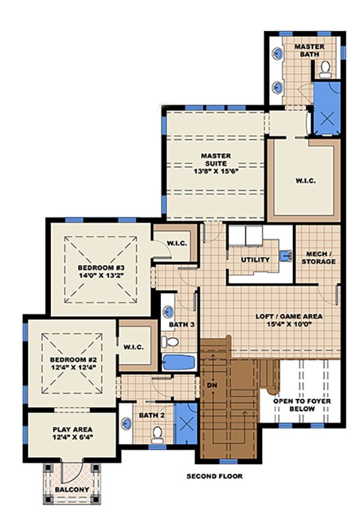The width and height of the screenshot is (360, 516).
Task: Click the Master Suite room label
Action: [x=215, y=155]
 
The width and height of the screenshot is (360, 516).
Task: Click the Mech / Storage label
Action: [x=317, y=257]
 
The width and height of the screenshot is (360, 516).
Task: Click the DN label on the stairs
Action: [x=211, y=386]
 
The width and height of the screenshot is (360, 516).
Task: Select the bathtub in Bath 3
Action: [x=178, y=363]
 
